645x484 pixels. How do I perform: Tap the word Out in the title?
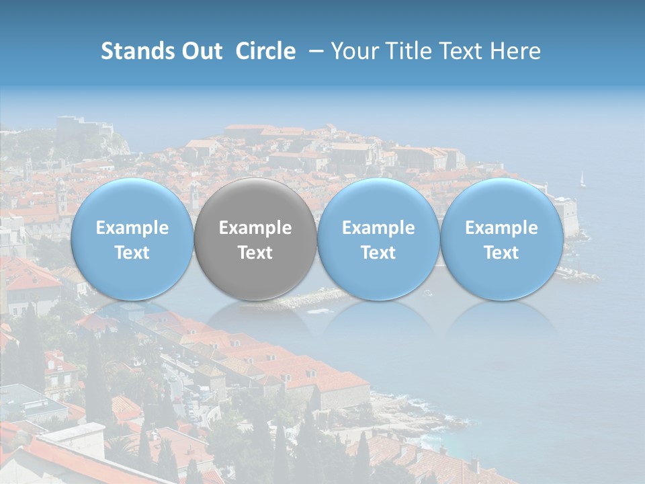pyautogui.click(x=200, y=51)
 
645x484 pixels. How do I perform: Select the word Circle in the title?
pyautogui.click(x=265, y=51)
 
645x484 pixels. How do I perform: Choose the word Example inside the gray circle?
pyautogui.click(x=255, y=228)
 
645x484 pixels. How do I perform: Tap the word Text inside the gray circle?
pyautogui.click(x=255, y=253)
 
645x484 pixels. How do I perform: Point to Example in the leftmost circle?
pyautogui.click(x=132, y=228)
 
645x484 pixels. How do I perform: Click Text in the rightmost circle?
pyautogui.click(x=501, y=253)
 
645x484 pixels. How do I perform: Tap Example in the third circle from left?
pyautogui.click(x=378, y=228)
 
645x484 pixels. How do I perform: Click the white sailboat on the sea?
pyautogui.click(x=583, y=179)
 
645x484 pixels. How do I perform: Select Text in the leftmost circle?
pyautogui.click(x=132, y=253)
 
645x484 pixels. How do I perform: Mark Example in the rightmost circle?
pyautogui.click(x=501, y=228)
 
